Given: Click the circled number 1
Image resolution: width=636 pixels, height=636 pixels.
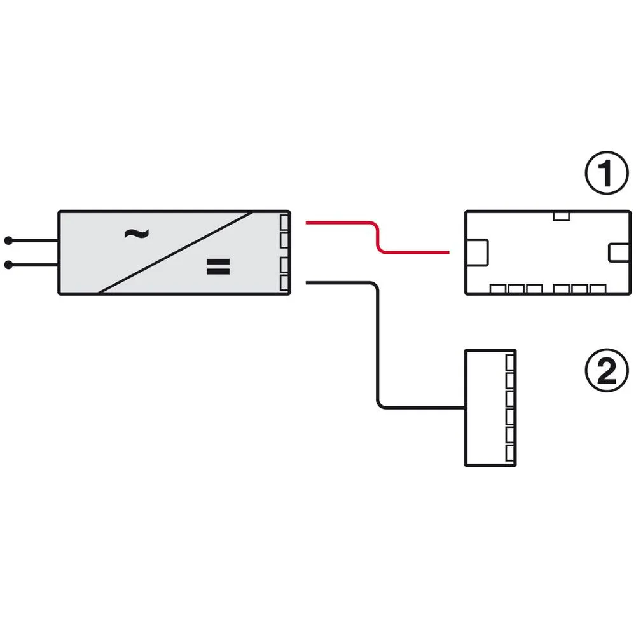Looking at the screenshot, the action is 606,173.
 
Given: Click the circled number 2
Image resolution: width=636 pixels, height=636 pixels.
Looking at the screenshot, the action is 606,370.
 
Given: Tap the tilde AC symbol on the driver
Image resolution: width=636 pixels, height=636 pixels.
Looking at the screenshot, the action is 136,233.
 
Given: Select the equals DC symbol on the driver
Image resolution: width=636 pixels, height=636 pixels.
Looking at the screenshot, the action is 218,267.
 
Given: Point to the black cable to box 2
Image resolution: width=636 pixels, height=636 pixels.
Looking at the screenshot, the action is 378,345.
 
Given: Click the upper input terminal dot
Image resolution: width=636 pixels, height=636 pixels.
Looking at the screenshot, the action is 8,240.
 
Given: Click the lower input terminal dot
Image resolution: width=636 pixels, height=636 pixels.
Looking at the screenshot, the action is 8,265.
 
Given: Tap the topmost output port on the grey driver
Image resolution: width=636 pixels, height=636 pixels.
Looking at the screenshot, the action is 284,223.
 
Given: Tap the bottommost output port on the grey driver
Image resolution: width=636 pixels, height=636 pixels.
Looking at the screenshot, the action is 284,283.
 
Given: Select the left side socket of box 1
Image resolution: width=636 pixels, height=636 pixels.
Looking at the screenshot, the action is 477,252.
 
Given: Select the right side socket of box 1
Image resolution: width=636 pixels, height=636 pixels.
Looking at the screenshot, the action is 619,252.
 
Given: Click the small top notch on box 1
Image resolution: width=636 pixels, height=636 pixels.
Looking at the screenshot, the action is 562,216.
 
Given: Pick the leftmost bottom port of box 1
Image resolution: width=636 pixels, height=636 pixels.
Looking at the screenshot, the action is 498,289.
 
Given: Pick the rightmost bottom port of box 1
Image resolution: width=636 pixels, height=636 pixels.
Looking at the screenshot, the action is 598,289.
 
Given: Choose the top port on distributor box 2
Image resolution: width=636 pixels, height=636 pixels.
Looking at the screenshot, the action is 510,363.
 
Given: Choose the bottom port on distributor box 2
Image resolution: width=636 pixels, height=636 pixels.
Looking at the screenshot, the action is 510,453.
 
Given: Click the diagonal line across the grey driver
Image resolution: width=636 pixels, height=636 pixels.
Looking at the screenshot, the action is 176,252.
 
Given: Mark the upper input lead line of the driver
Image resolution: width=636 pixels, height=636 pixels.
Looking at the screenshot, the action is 33,240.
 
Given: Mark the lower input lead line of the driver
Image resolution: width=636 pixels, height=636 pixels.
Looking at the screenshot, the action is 33,265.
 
